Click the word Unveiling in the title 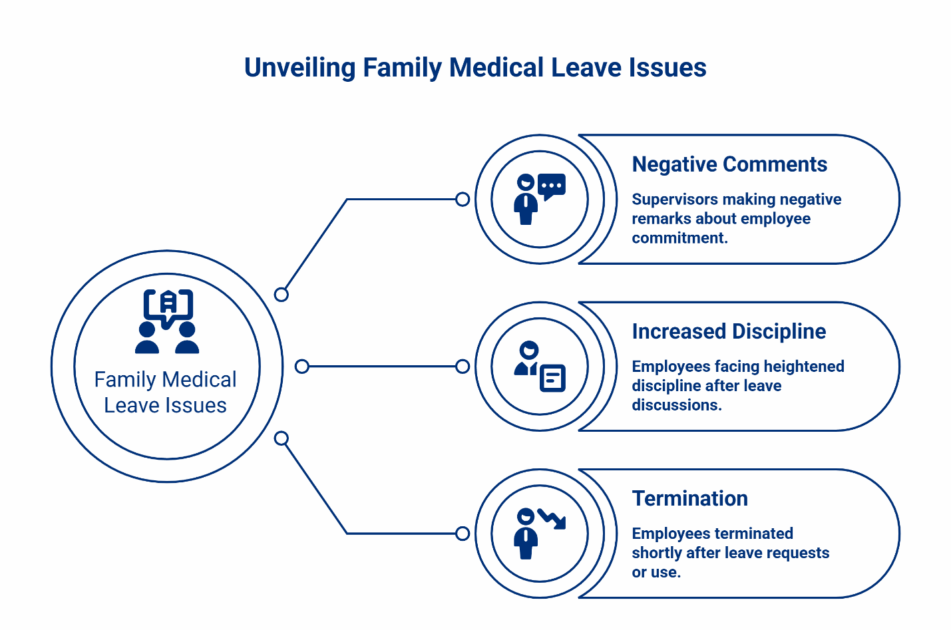pyautogui.click(x=299, y=68)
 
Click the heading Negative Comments pyautogui.click(x=729, y=164)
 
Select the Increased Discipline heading pyautogui.click(x=729, y=331)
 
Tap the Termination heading pyautogui.click(x=689, y=498)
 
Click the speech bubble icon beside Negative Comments pyautogui.click(x=552, y=186)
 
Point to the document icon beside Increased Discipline pyautogui.click(x=552, y=378)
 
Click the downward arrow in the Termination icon pyautogui.click(x=553, y=519)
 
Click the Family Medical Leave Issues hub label pyautogui.click(x=166, y=393)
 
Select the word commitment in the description pyautogui.click(x=679, y=238)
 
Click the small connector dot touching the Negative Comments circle pyautogui.click(x=463, y=199)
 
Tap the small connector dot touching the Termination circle pyautogui.click(x=463, y=534)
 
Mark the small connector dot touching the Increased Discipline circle pyautogui.click(x=463, y=367)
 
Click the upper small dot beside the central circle pyautogui.click(x=282, y=294)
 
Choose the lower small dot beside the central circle pyautogui.click(x=282, y=438)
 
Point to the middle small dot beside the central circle pyautogui.click(x=302, y=367)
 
